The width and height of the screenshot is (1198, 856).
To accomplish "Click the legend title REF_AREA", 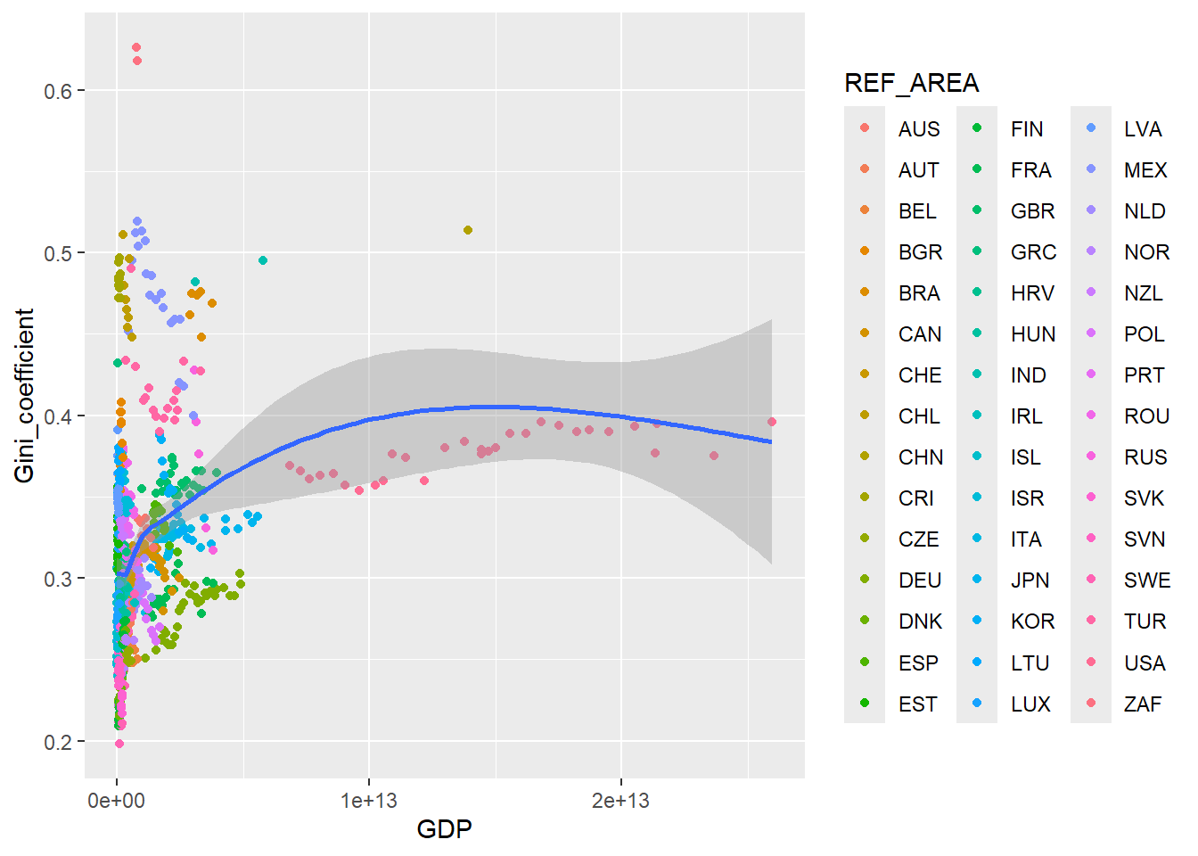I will (911, 83).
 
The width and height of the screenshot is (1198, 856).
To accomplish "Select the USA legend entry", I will (1145, 663).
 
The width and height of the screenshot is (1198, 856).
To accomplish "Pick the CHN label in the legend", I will (920, 457).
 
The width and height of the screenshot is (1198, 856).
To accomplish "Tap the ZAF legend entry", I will (1143, 704).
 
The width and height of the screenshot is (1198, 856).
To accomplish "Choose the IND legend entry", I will (1028, 375).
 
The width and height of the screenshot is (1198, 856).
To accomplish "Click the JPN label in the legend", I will (1030, 580).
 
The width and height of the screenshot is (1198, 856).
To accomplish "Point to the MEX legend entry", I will (1145, 170).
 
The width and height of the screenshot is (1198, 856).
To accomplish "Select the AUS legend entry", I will (919, 129).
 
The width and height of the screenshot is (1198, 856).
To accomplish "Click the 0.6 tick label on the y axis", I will (59, 91).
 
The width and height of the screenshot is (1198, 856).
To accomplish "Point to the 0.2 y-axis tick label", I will (59, 742).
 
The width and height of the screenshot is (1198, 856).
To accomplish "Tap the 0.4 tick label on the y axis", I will (59, 416).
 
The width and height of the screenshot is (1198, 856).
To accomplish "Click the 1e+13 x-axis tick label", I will (368, 801).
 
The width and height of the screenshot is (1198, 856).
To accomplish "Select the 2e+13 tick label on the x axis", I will (620, 801).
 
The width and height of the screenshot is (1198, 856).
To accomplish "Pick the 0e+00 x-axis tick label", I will (116, 801).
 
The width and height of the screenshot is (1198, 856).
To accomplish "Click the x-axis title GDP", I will (444, 829).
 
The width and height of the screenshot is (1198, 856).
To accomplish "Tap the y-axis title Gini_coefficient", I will (24, 396).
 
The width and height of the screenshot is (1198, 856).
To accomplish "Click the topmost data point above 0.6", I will (136, 48).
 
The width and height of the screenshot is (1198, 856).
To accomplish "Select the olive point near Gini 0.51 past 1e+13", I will (468, 230).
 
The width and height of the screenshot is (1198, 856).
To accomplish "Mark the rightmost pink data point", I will (772, 423).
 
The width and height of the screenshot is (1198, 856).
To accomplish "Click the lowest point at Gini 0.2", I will (119, 744).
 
